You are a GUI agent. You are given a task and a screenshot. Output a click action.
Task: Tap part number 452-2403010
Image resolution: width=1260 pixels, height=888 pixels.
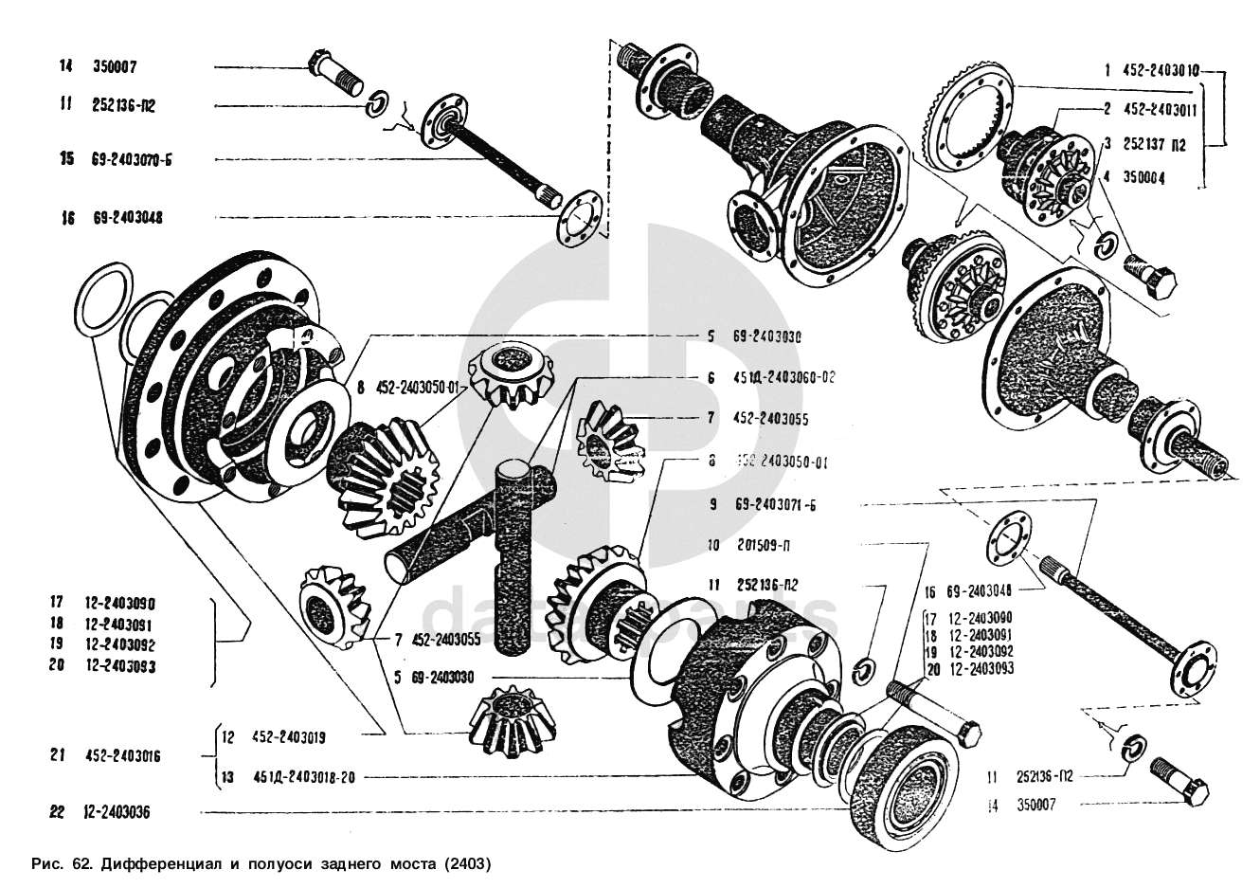point(1150,70)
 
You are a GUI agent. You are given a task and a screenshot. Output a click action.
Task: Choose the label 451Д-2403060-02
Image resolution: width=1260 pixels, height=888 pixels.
point(783,376)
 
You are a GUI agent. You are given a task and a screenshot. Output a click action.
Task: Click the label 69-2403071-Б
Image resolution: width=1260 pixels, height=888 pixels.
point(773,505)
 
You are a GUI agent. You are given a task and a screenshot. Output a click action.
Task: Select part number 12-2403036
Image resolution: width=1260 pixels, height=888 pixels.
point(117,812)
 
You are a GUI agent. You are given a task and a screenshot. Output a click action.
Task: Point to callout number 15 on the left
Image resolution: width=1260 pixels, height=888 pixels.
point(66,160)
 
